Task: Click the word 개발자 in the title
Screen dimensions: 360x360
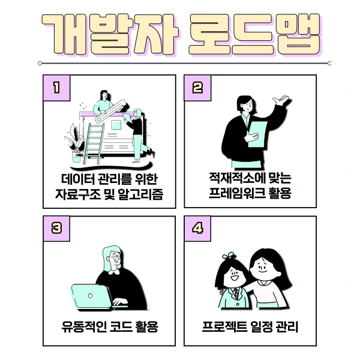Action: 109,32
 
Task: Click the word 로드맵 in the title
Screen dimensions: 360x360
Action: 252,32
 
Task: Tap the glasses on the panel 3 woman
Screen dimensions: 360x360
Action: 113,259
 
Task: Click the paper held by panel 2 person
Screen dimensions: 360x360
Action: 256,133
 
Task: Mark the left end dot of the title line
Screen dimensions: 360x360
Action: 40,62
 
